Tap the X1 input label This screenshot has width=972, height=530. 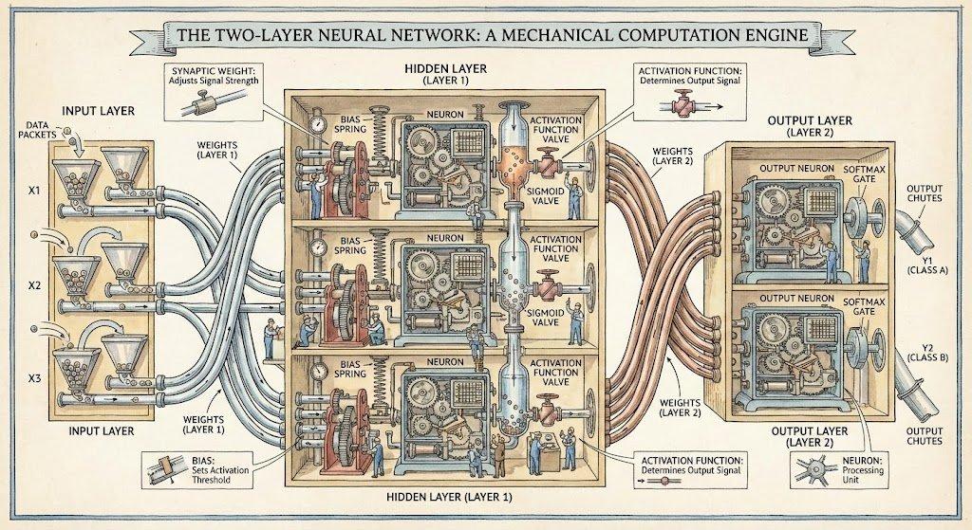tap(32, 190)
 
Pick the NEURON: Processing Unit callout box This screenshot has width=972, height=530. tap(834, 469)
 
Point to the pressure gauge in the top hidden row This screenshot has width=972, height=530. tap(317, 126)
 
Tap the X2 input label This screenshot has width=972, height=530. tap(32, 284)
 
